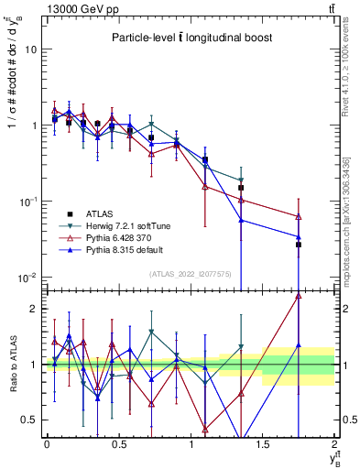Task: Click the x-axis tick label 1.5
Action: pos(263,444)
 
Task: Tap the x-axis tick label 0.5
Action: pos(118,444)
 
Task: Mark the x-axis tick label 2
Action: pos(334,444)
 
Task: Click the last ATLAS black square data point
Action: pos(299,245)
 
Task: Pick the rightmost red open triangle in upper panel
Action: pos(299,217)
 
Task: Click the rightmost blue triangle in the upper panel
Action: pos(299,237)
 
